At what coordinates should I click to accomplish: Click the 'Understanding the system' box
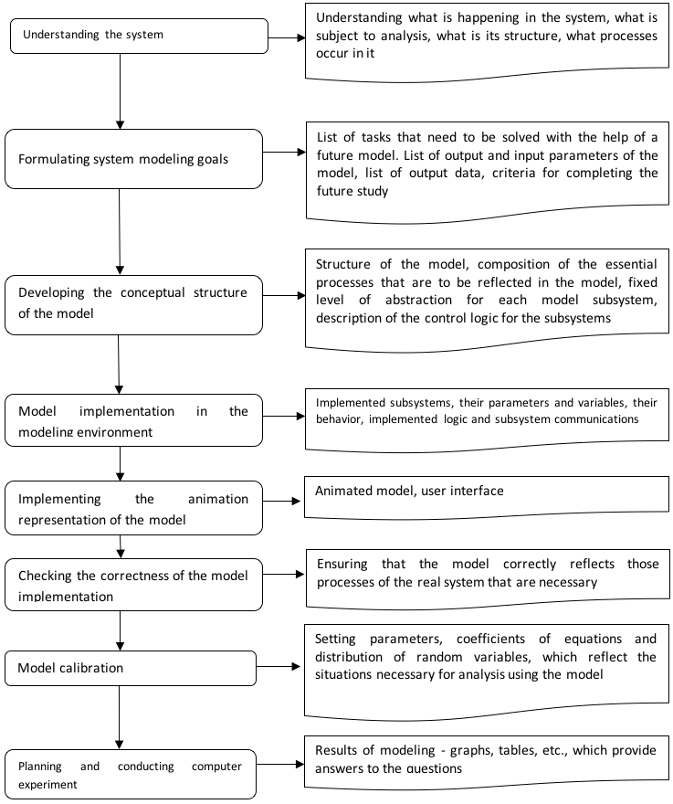click(139, 36)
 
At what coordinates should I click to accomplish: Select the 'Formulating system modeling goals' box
click(134, 159)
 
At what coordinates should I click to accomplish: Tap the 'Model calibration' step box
click(131, 668)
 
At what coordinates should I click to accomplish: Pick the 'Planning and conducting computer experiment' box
click(131, 774)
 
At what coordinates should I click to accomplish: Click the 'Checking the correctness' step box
click(134, 585)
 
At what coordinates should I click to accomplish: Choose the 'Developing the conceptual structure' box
click(134, 305)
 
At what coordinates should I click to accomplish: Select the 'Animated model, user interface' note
click(487, 497)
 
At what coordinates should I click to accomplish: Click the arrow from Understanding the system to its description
click(287, 37)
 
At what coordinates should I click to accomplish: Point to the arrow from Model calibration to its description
click(279, 666)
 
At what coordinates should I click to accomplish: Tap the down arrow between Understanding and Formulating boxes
click(120, 91)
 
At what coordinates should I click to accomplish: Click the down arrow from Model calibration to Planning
click(120, 717)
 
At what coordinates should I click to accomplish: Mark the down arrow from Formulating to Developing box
click(120, 232)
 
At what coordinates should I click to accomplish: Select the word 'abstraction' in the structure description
click(418, 300)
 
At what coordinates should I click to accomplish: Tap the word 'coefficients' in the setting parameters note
click(490, 639)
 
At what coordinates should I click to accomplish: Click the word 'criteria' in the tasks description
click(513, 173)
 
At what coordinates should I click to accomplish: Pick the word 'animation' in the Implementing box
click(218, 499)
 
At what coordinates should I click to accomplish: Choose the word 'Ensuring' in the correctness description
click(342, 564)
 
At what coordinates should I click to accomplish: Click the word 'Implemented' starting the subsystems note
click(350, 403)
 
